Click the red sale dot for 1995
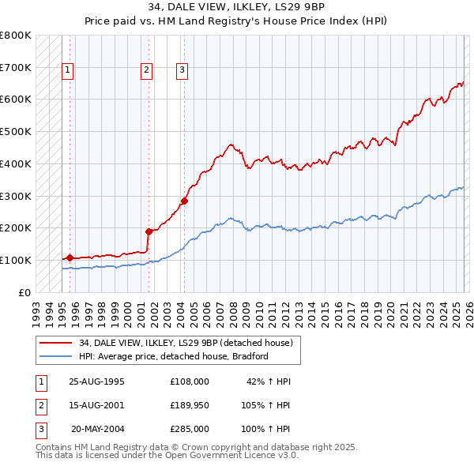70,257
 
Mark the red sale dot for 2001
149,231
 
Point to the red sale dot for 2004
184,201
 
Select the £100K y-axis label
16,260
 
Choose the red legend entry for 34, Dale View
186,343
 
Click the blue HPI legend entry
174,356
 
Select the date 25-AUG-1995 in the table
97,381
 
